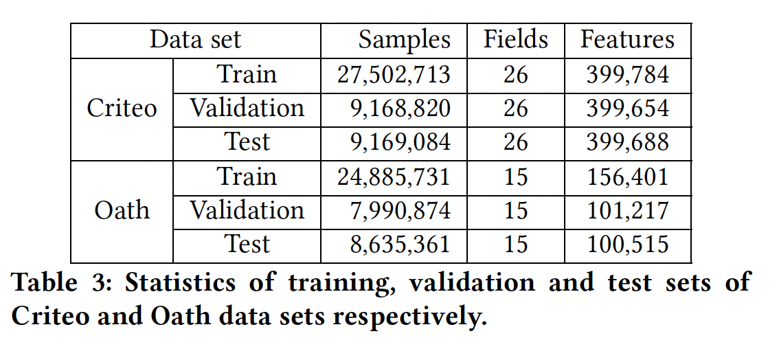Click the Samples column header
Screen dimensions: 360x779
pyautogui.click(x=404, y=40)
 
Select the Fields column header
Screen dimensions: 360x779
pyautogui.click(x=515, y=40)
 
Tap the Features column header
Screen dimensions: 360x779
pyautogui.click(x=627, y=40)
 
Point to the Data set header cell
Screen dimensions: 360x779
pyautogui.click(x=195, y=40)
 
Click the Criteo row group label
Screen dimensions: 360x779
pyautogui.click(x=122, y=109)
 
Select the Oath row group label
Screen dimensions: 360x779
pyautogui.click(x=122, y=210)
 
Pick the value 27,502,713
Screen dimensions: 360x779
pyautogui.click(x=394, y=75)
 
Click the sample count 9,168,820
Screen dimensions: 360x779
pyautogui.click(x=400, y=109)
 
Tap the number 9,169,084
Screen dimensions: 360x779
pyautogui.click(x=400, y=142)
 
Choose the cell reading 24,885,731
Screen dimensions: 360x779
pyautogui.click(x=394, y=177)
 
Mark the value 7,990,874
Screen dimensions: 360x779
pyautogui.click(x=400, y=210)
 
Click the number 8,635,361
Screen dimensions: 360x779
pyautogui.click(x=400, y=244)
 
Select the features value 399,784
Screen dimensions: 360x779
pyautogui.click(x=627, y=75)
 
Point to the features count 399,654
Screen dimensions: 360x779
pyautogui.click(x=627, y=109)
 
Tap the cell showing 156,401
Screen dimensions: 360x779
pyautogui.click(x=627, y=177)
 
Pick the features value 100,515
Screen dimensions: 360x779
pyautogui.click(x=627, y=244)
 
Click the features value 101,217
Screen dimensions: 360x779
pyautogui.click(x=627, y=210)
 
